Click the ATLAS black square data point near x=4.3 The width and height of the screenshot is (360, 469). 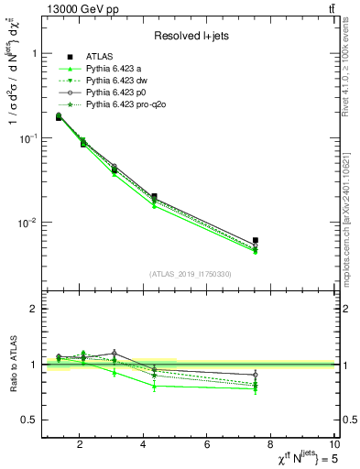point(154,196)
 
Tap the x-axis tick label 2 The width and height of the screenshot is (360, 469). point(81,445)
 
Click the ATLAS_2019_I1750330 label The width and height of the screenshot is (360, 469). point(191,274)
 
